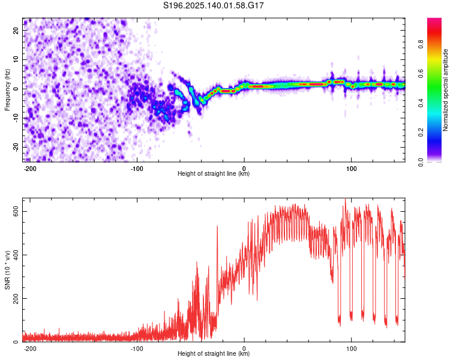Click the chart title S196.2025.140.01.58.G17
point(213,5)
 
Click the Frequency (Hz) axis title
point(7,90)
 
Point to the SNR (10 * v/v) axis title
point(7,270)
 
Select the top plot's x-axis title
point(214,173)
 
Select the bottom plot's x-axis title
point(214,353)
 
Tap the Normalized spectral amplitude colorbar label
point(445,90)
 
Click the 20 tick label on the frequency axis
point(16,31)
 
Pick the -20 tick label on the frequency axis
point(16,148)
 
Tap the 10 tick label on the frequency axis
point(16,60)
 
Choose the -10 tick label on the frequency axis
point(16,118)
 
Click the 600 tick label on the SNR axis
point(16,212)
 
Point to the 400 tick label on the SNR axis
point(16,255)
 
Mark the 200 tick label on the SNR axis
point(16,299)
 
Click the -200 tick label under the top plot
point(29,169)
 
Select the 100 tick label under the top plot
point(351,169)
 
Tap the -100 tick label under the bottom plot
point(137,349)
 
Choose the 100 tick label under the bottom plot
point(351,349)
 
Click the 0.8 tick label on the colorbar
point(421,44)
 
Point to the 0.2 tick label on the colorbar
point(421,133)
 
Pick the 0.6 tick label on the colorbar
point(421,74)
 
